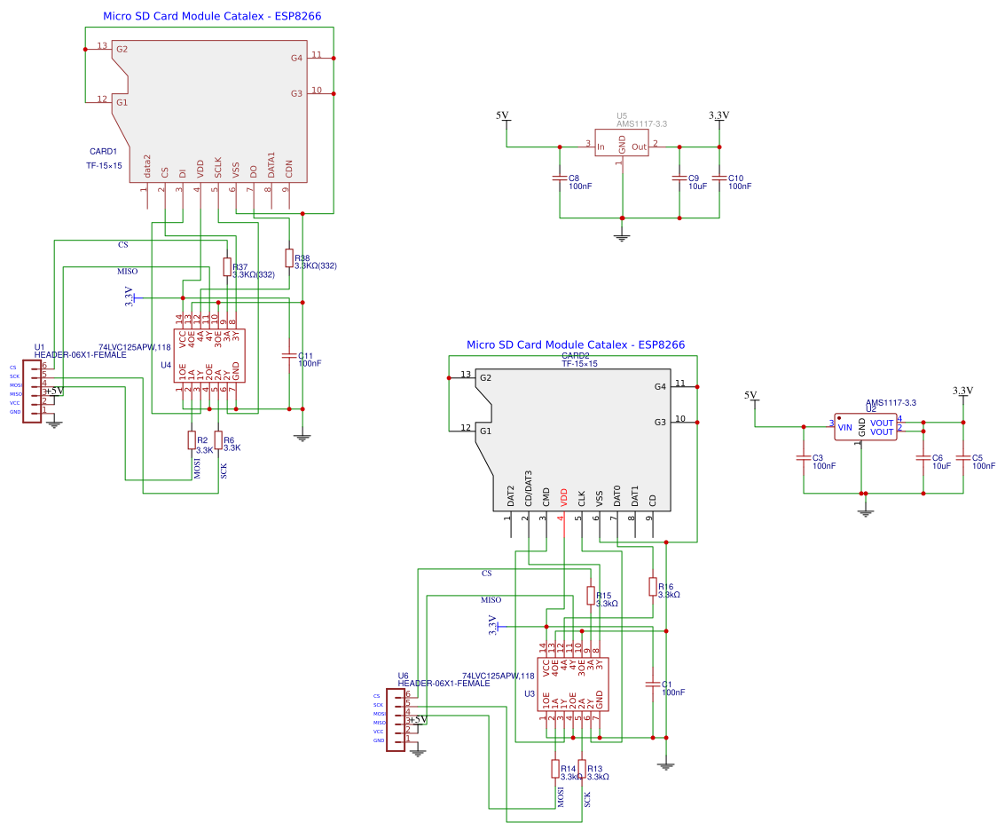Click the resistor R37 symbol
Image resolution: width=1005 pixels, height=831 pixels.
(x=226, y=267)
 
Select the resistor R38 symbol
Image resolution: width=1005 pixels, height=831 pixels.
(x=288, y=257)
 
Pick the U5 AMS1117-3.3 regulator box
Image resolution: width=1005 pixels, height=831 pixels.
(x=622, y=146)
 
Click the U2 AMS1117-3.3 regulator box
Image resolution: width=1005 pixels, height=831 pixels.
(x=865, y=427)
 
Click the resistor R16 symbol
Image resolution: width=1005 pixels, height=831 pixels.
(x=653, y=587)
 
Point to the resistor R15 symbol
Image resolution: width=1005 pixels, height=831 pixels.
(x=591, y=596)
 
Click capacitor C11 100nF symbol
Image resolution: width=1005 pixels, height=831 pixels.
(x=288, y=355)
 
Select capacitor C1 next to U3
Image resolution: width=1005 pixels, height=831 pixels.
(x=653, y=685)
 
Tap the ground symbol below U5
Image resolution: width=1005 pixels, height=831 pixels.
(x=622, y=235)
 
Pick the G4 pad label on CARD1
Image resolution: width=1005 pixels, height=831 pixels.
(x=296, y=58)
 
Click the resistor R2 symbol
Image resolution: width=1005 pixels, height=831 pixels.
(x=191, y=440)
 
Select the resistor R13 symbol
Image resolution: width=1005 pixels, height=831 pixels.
(x=582, y=770)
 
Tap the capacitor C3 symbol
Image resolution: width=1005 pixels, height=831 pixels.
(x=803, y=459)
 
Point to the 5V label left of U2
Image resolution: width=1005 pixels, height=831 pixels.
(x=750, y=395)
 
